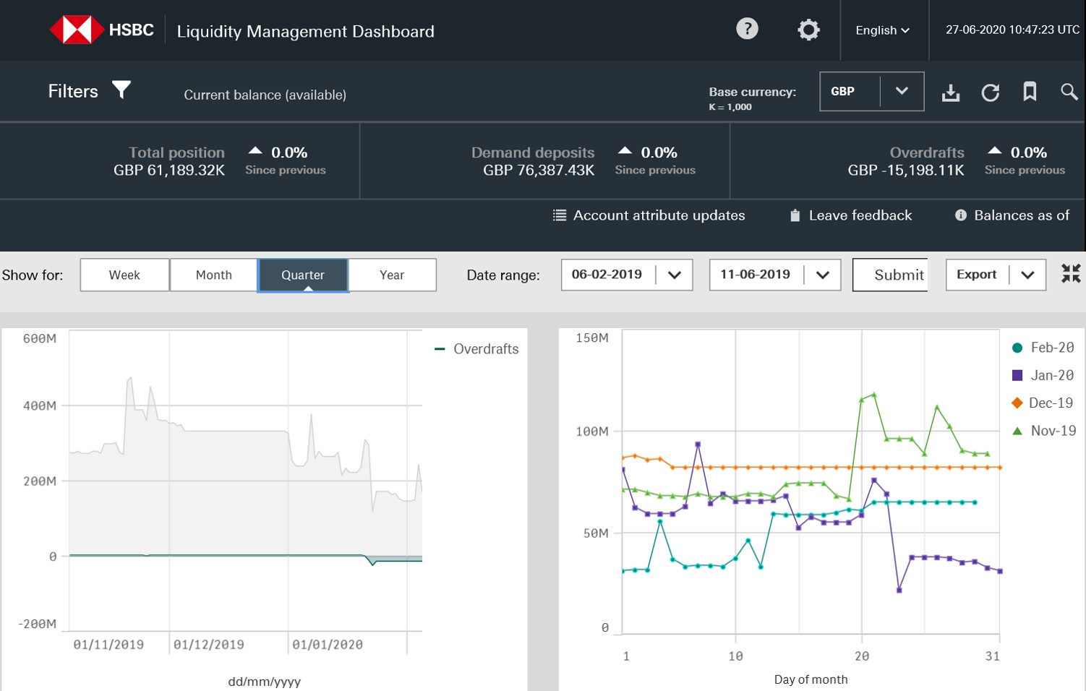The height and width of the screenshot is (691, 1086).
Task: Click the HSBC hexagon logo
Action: click(77, 30)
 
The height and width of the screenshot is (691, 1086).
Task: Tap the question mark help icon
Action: click(747, 29)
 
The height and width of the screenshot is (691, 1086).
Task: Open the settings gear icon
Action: click(808, 30)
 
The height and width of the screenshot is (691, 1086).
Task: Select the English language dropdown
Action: click(882, 30)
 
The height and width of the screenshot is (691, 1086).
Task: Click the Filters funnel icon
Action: click(121, 90)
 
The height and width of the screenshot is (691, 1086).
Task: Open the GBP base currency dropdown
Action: click(871, 91)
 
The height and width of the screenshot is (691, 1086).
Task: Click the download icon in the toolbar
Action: click(951, 93)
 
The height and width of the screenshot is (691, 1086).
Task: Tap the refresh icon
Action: click(990, 93)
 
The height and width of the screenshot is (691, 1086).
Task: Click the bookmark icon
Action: click(1030, 92)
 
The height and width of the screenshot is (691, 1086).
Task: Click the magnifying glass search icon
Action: click(1069, 92)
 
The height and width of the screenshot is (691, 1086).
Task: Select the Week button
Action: click(124, 275)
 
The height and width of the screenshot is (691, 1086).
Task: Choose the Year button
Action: click(392, 275)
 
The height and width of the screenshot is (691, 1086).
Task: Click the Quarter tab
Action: click(303, 275)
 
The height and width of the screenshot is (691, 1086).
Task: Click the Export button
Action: click(977, 275)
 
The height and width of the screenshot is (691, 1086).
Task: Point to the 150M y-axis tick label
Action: click(591, 338)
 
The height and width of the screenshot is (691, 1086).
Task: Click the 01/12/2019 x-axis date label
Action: click(209, 645)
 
